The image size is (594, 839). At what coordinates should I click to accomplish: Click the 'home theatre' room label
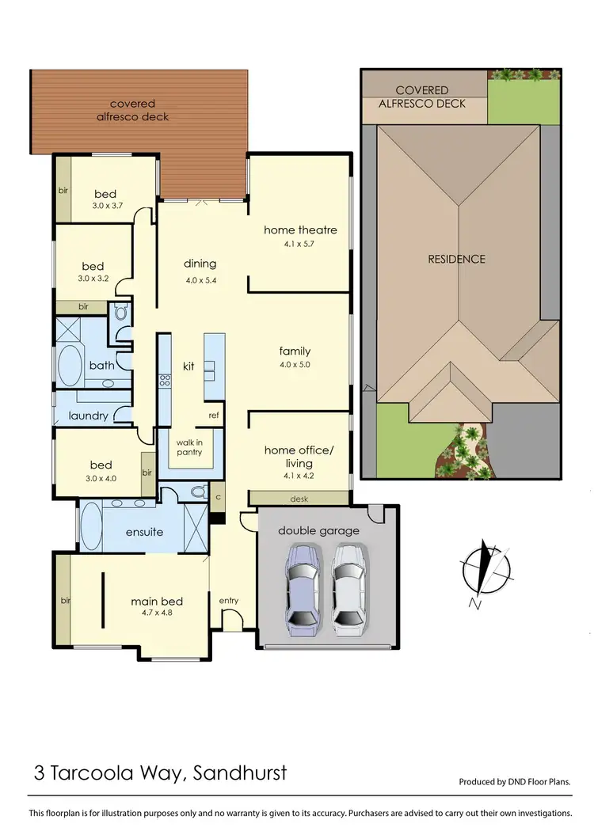300,230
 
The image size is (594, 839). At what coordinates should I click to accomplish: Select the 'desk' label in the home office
299,499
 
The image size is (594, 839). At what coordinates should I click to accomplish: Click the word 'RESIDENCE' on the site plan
456,259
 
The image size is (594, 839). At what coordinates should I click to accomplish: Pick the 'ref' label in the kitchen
214,416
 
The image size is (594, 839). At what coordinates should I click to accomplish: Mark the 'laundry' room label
88,416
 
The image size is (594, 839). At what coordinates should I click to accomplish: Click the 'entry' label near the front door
229,601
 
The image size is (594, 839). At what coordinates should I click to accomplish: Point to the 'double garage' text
318,531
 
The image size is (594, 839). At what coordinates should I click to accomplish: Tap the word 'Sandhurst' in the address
242,772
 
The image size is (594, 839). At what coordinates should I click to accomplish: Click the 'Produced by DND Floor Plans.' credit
515,782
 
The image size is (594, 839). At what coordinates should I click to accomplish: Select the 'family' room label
295,351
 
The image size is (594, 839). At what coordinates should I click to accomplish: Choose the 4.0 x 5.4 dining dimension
200,280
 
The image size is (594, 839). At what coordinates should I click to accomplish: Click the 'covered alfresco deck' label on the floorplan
139,110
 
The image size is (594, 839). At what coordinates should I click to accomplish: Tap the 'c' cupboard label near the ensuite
219,497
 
